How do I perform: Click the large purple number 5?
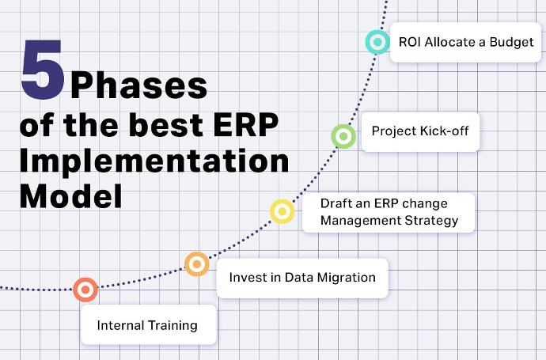pyautogui.click(x=43, y=69)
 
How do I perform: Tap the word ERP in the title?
pyautogui.click(x=245, y=125)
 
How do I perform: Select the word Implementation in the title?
pyautogui.click(x=154, y=161)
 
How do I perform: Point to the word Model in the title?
pyautogui.click(x=71, y=196)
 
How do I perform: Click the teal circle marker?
pyautogui.click(x=377, y=42)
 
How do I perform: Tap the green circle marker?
pyautogui.click(x=343, y=136)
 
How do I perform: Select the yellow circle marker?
pyautogui.click(x=282, y=211)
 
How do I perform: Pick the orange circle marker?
pyautogui.click(x=197, y=264)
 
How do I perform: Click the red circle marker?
pyautogui.click(x=85, y=290)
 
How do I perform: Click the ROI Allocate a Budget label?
pyautogui.click(x=466, y=42)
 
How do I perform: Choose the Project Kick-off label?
pyautogui.click(x=420, y=131)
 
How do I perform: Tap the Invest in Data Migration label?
pyautogui.click(x=302, y=278)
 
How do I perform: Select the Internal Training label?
pyautogui.click(x=148, y=325)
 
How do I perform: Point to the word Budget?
pyautogui.click(x=511, y=42)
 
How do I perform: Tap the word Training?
pyautogui.click(x=173, y=326)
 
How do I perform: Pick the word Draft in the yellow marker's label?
pyautogui.click(x=335, y=203)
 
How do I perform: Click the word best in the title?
pyautogui.click(x=166, y=125)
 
